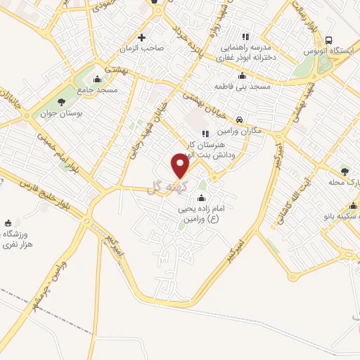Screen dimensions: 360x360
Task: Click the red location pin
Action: pyautogui.click(x=181, y=167)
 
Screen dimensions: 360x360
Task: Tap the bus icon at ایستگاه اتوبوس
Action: pyautogui.click(x=330, y=41)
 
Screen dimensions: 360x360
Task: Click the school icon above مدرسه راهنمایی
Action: pyautogui.click(x=245, y=37)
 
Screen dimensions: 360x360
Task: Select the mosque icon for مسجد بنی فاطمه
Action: pyautogui.click(x=243, y=76)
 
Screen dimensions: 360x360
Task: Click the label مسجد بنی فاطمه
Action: pyautogui.click(x=243, y=86)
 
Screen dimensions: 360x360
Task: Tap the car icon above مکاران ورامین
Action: pyautogui.click(x=240, y=121)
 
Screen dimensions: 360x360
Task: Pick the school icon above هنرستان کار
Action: pyautogui.click(x=205, y=134)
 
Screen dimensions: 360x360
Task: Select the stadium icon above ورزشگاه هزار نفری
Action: pyautogui.click(x=8, y=222)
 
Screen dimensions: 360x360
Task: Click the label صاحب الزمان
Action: pyautogui.click(x=145, y=48)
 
